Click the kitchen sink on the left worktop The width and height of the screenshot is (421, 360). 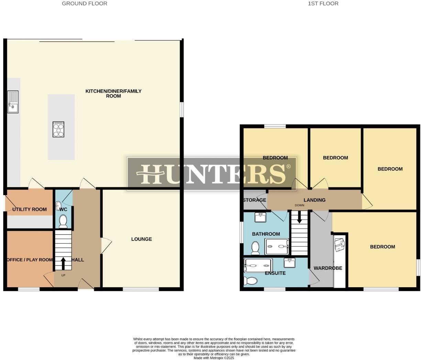click(x=13, y=102)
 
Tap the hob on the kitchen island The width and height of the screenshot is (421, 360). click(x=58, y=130)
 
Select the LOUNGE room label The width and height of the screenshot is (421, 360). click(x=141, y=239)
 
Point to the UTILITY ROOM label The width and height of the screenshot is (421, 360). click(x=30, y=209)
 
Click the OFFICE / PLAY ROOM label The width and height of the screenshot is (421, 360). click(x=30, y=260)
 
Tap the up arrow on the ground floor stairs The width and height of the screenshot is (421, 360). click(x=63, y=263)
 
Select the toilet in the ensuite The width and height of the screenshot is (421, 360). click(x=251, y=281)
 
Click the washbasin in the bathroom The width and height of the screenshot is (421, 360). click(x=260, y=217)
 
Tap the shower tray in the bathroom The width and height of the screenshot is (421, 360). click(x=277, y=246)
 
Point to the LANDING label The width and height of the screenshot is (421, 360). click(x=314, y=200)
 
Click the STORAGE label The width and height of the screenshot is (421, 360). click(x=254, y=200)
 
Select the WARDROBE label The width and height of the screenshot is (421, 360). click(x=328, y=268)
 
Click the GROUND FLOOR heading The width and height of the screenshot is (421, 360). click(x=85, y=3)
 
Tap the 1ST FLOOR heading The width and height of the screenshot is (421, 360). click(x=323, y=3)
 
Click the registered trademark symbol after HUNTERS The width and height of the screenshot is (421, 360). click(x=288, y=166)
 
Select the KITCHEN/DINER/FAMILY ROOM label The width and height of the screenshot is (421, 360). click(x=113, y=93)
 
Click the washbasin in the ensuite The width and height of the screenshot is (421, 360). click(x=289, y=263)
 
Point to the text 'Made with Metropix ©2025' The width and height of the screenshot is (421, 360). click(x=214, y=358)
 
